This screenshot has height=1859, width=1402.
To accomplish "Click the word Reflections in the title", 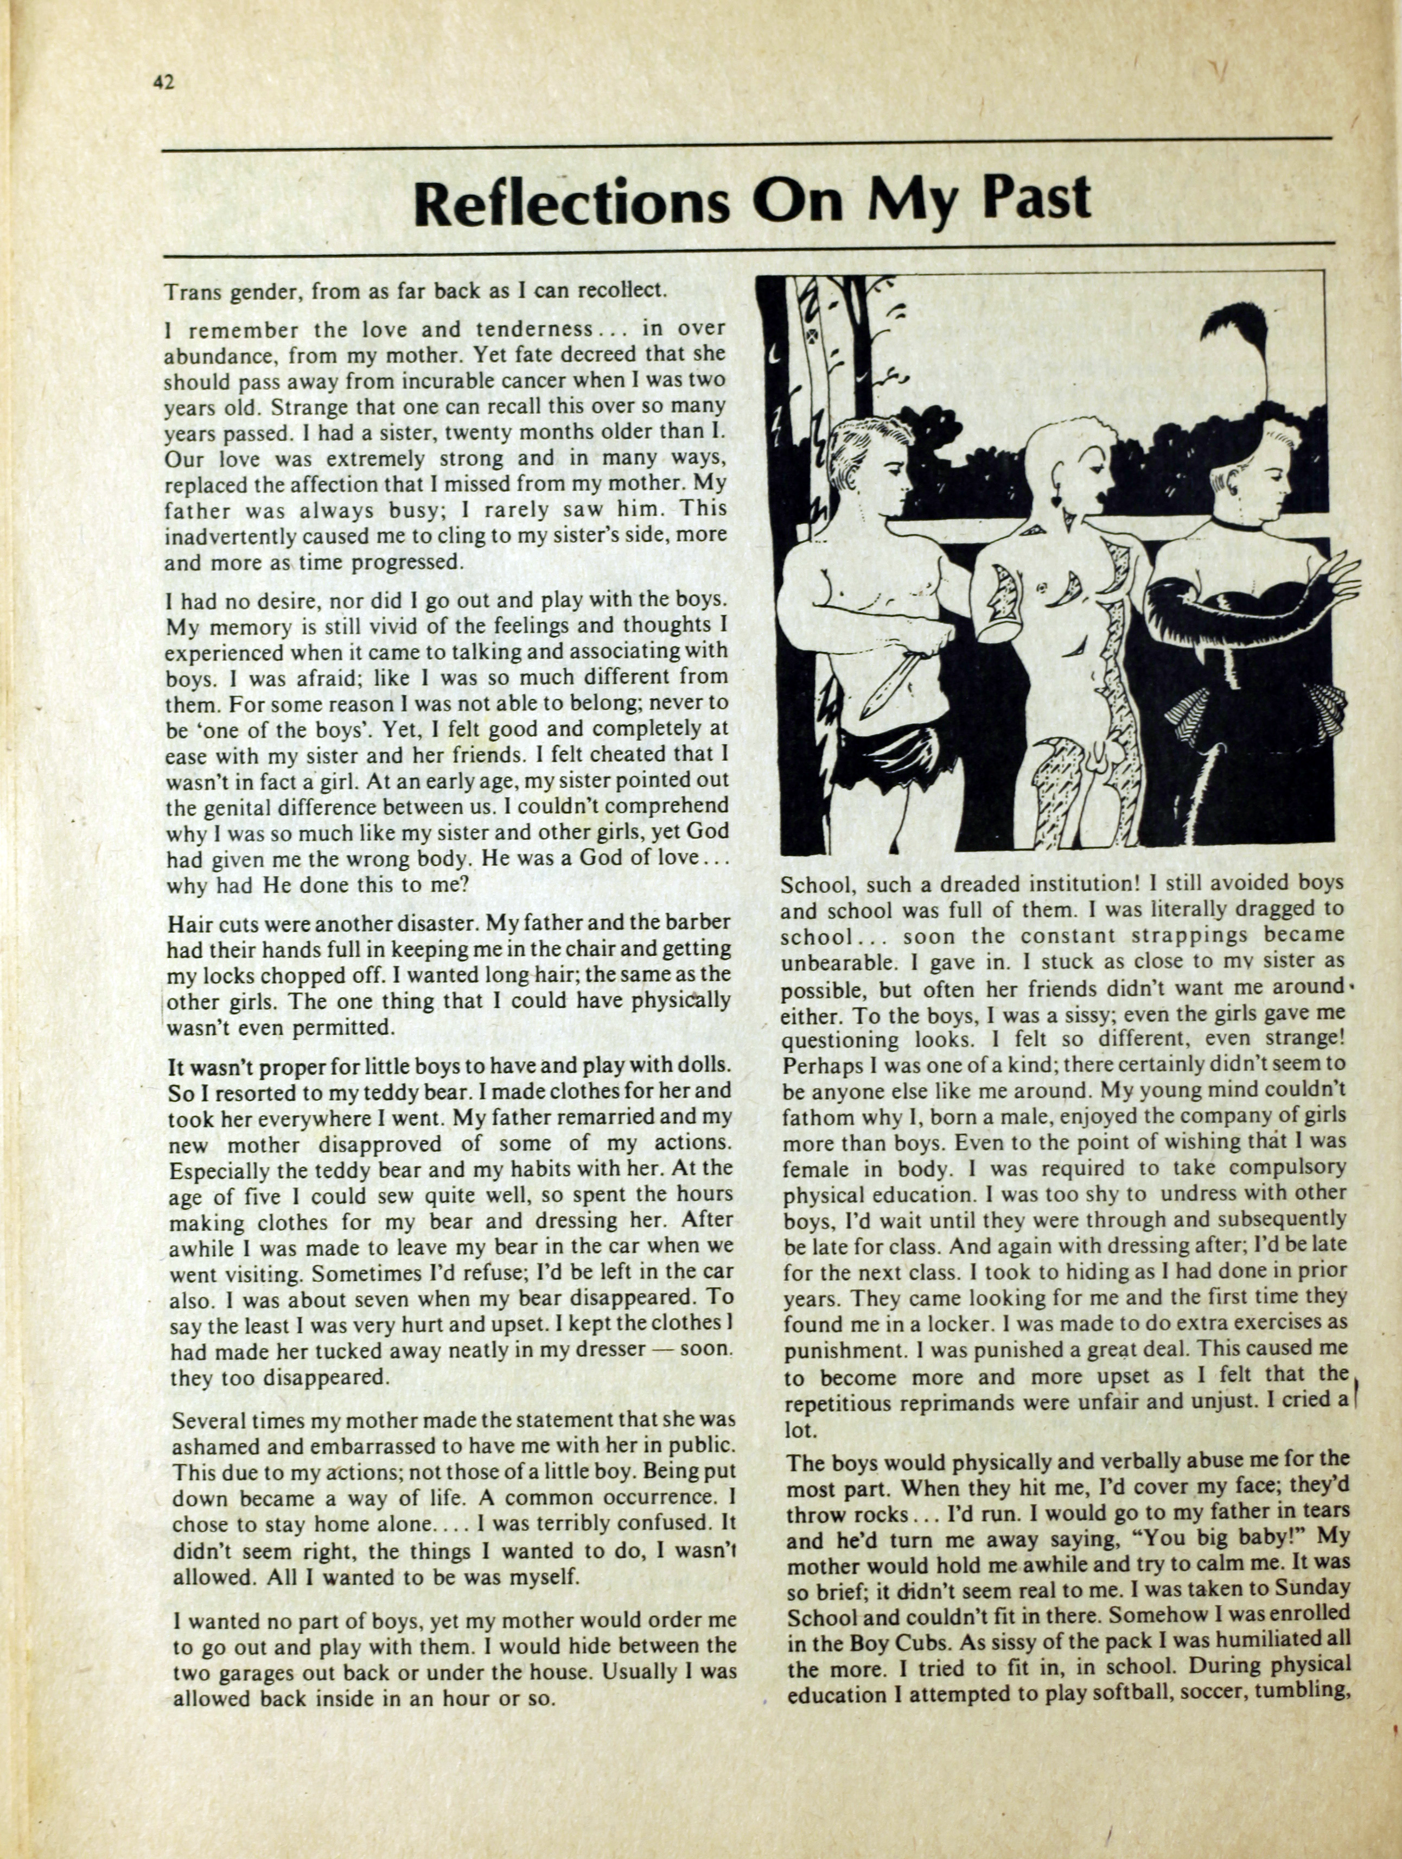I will [572, 202].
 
